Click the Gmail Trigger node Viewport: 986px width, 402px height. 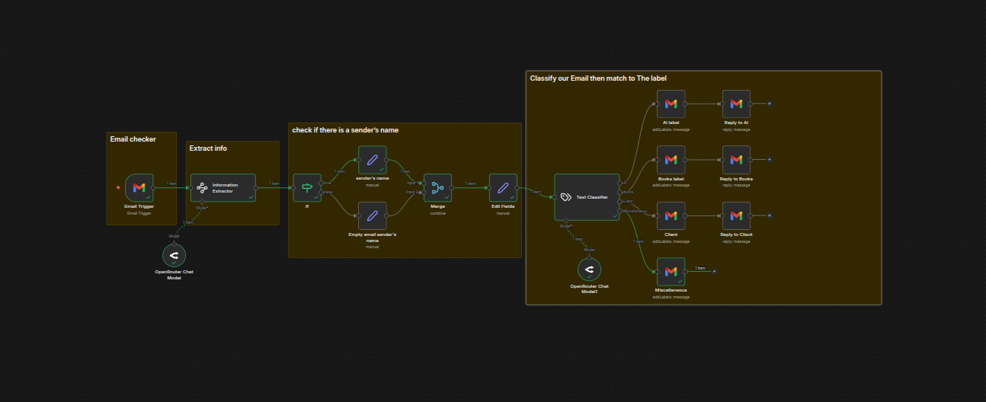click(x=139, y=187)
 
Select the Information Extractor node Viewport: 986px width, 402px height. click(x=222, y=187)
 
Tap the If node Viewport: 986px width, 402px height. click(x=307, y=187)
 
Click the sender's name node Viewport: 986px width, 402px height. click(x=373, y=160)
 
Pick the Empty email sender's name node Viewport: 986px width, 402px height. click(x=373, y=215)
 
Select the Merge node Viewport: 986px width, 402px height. click(x=437, y=187)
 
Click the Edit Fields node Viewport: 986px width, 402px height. click(x=503, y=187)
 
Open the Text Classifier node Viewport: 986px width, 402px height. click(x=586, y=196)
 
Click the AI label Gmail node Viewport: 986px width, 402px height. click(x=671, y=104)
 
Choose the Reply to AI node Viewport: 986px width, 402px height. click(x=736, y=104)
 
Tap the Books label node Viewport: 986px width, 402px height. click(x=671, y=160)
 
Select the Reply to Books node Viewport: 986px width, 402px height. click(x=736, y=160)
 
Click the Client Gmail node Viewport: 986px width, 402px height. click(x=671, y=215)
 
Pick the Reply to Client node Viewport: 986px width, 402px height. click(x=736, y=215)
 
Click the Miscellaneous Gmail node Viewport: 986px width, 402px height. click(x=671, y=271)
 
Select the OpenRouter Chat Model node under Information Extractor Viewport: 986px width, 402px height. click(x=174, y=255)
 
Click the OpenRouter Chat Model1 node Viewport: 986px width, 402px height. click(x=589, y=269)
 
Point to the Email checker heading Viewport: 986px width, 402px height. click(x=133, y=139)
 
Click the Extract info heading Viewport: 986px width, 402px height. click(x=208, y=148)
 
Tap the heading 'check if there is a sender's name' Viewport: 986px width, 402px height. click(x=345, y=130)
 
